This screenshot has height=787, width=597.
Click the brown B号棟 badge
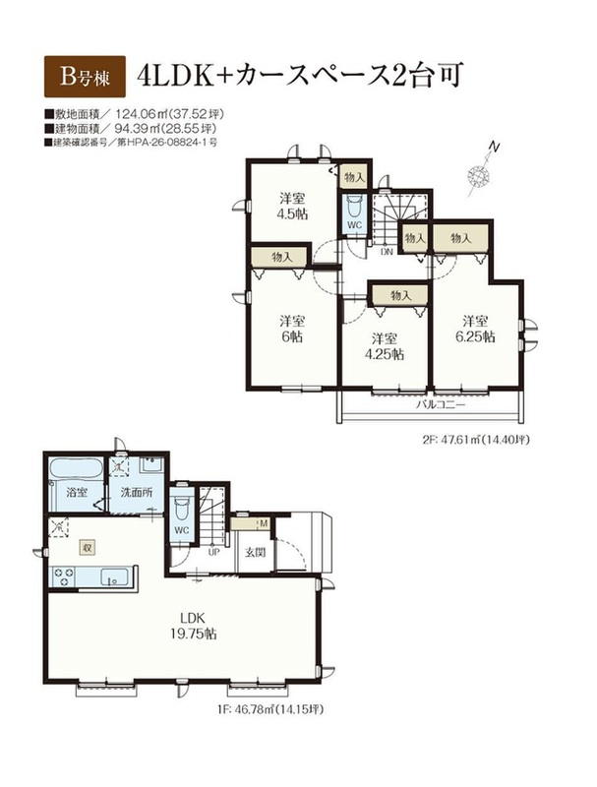(x=85, y=76)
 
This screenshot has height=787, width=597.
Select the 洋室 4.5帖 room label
(x=292, y=206)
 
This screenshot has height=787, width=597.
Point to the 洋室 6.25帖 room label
(x=475, y=329)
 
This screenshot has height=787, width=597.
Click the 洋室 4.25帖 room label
(x=384, y=346)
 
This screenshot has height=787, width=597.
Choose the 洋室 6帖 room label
(x=292, y=329)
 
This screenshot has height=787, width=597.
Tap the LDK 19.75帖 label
(x=193, y=625)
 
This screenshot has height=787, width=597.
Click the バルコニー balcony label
(x=441, y=404)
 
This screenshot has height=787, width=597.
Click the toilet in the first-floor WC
(x=181, y=510)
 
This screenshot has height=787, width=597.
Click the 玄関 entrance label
(x=255, y=553)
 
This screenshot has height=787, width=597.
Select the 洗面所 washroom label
(x=137, y=492)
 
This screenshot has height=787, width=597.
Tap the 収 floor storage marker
(x=88, y=547)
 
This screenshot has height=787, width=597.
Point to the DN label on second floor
(x=387, y=252)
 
